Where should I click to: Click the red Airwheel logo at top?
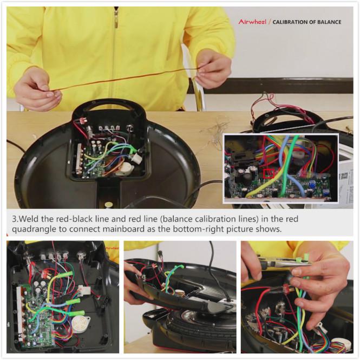click(x=252, y=22)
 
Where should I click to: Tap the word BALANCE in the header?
click(x=329, y=22)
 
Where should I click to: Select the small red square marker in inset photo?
click(x=269, y=174)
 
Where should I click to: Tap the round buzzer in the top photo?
click(x=126, y=169)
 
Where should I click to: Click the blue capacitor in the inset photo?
click(x=312, y=184)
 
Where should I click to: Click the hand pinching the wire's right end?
click(x=213, y=68)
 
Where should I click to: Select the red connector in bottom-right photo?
click(x=286, y=289)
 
